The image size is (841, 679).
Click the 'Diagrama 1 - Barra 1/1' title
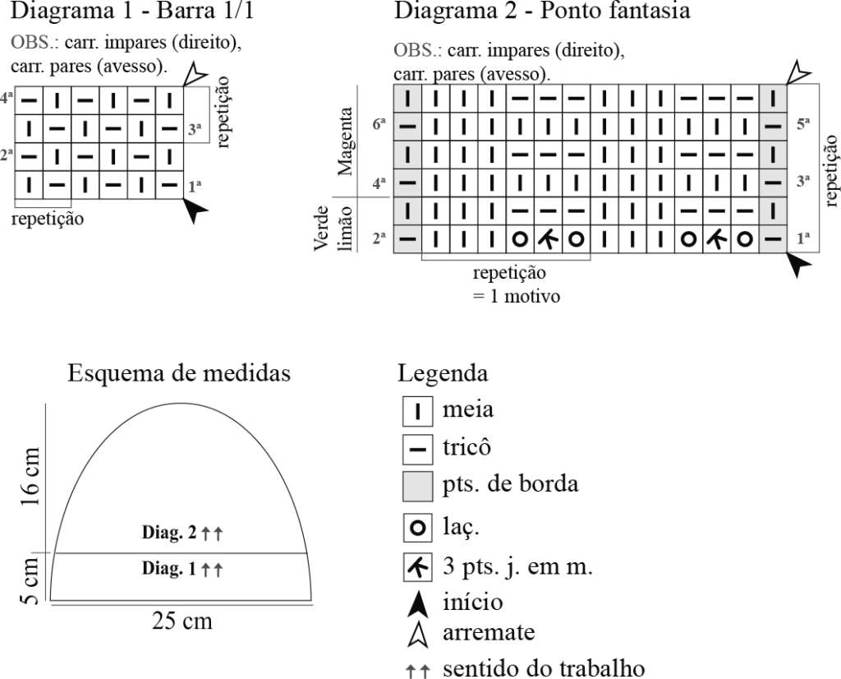pyautogui.click(x=132, y=10)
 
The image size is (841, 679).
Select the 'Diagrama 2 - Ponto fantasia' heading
pyautogui.click(x=542, y=10)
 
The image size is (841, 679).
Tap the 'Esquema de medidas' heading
pyautogui.click(x=179, y=373)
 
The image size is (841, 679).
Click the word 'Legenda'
pyautogui.click(x=443, y=373)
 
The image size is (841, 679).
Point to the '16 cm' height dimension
pyautogui.click(x=30, y=477)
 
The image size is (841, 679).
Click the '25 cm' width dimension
pyautogui.click(x=182, y=621)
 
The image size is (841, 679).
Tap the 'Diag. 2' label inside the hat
pyautogui.click(x=169, y=532)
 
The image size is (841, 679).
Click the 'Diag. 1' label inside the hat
pyautogui.click(x=169, y=568)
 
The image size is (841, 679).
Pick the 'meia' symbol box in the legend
pyautogui.click(x=418, y=412)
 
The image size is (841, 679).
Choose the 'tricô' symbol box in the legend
pyautogui.click(x=418, y=450)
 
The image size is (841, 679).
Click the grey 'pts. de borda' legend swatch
pyautogui.click(x=418, y=487)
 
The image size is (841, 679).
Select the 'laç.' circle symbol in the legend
pyautogui.click(x=418, y=529)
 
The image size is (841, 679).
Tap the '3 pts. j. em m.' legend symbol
pyautogui.click(x=418, y=567)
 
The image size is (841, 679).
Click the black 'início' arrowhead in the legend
pyautogui.click(x=418, y=604)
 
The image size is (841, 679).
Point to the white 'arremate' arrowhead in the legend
pyautogui.click(x=418, y=635)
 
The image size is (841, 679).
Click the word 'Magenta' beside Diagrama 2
pyautogui.click(x=345, y=141)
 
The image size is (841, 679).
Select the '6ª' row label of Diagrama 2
pyautogui.click(x=379, y=124)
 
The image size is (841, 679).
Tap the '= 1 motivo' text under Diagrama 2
pyautogui.click(x=516, y=296)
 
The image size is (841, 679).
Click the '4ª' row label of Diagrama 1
pyautogui.click(x=6, y=98)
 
